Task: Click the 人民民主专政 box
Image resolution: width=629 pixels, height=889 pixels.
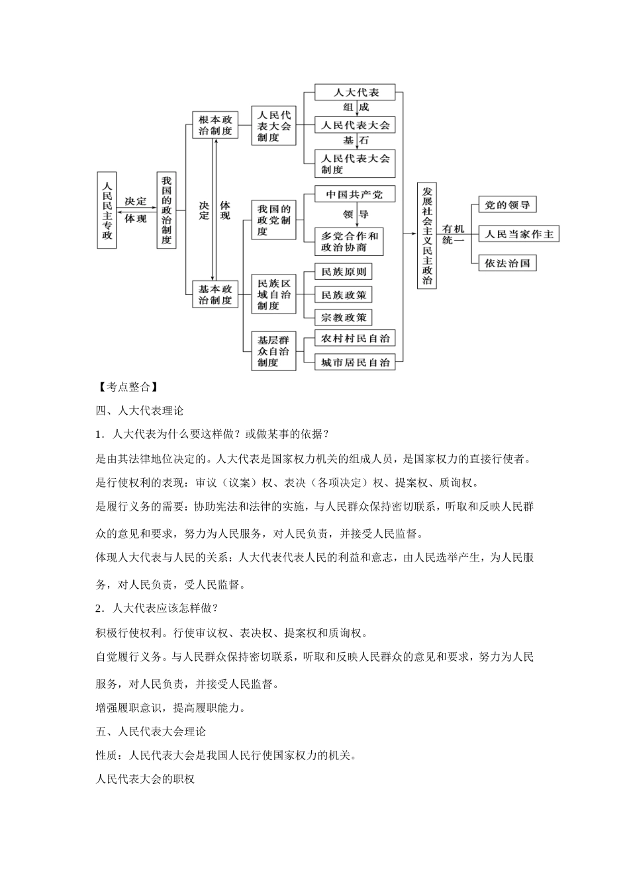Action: pyautogui.click(x=107, y=210)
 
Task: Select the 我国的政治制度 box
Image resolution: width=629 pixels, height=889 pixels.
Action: pyautogui.click(x=166, y=210)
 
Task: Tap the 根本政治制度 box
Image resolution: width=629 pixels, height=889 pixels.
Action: pyautogui.click(x=215, y=125)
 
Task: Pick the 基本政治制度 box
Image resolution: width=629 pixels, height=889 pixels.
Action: pyautogui.click(x=215, y=294)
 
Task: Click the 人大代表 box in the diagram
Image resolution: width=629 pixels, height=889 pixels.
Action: pyautogui.click(x=355, y=92)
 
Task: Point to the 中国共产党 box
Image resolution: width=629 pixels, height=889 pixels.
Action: pyautogui.click(x=349, y=194)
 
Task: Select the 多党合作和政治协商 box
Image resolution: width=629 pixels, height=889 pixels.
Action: pyautogui.click(x=349, y=241)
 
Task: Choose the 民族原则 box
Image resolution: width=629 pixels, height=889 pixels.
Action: pyautogui.click(x=343, y=271)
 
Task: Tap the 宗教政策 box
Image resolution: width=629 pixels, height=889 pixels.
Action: pyautogui.click(x=343, y=317)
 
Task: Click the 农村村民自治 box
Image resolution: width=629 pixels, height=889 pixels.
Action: pyautogui.click(x=355, y=338)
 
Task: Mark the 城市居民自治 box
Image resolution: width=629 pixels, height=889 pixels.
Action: pyautogui.click(x=355, y=362)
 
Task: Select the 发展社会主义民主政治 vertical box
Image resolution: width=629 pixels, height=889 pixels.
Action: pyautogui.click(x=427, y=235)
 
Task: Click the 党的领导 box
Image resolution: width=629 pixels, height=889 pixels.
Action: pyautogui.click(x=507, y=205)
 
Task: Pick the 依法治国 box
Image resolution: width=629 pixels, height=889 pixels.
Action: pyautogui.click(x=507, y=263)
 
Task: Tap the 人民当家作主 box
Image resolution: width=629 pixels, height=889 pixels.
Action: pyautogui.click(x=518, y=234)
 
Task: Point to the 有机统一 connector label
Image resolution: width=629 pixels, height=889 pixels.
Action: pyautogui.click(x=454, y=234)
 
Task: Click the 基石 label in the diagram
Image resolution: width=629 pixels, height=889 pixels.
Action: pyautogui.click(x=356, y=141)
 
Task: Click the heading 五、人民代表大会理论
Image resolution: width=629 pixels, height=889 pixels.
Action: pyautogui.click(x=151, y=732)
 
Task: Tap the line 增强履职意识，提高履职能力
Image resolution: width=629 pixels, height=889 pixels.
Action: pyautogui.click(x=171, y=708)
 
